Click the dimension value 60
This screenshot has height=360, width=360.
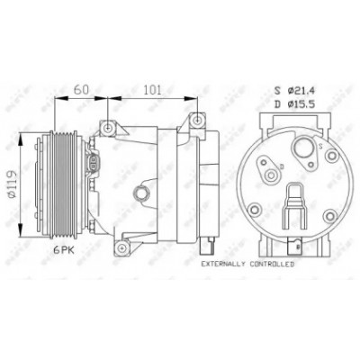(x=82, y=90)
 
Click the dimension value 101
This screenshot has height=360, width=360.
(x=152, y=90)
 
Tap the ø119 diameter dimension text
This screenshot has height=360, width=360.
(x=12, y=184)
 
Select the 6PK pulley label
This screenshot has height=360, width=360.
(x=64, y=250)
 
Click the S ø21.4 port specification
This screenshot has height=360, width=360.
(x=294, y=90)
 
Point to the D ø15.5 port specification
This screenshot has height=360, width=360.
(x=294, y=104)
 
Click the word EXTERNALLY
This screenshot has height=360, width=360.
(x=223, y=265)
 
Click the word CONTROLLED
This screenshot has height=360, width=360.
(x=273, y=265)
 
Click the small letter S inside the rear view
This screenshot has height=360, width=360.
(x=320, y=147)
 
